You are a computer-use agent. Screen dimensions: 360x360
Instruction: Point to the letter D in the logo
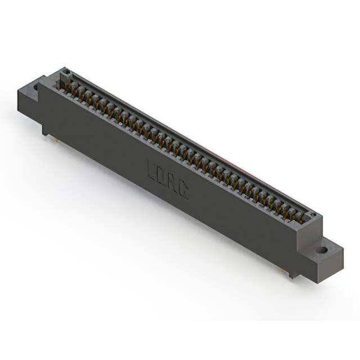tap(162, 175)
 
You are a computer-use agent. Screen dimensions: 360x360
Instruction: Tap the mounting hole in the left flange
tap(37, 88)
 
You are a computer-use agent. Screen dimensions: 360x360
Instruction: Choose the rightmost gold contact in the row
tap(299, 218)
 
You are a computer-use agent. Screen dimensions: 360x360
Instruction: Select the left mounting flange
tap(31, 96)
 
